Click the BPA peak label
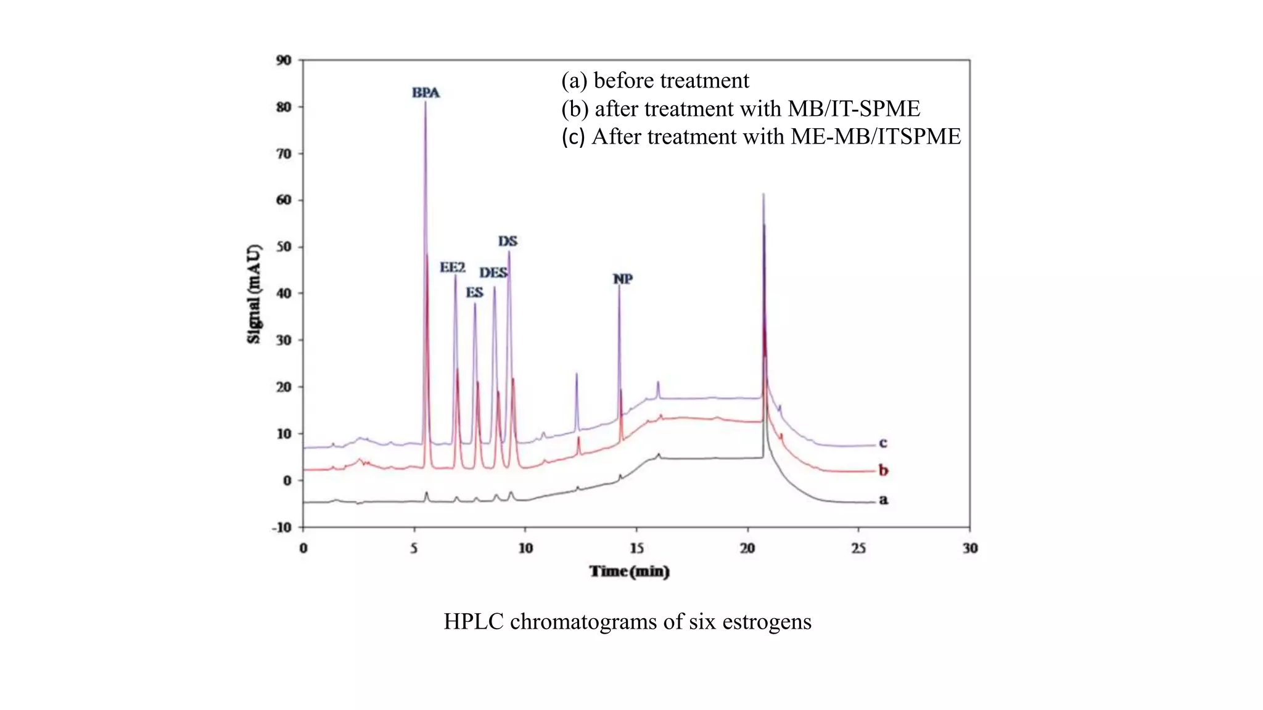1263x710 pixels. pos(426,93)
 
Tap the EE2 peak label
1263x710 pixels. pos(452,267)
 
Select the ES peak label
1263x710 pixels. pos(474,293)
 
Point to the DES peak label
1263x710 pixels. pos(493,273)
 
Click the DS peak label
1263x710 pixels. pos(508,241)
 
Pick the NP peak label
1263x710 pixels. pos(622,279)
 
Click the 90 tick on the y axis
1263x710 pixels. pos(284,60)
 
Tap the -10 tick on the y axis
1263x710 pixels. pos(281,528)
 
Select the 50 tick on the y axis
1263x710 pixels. pos(284,247)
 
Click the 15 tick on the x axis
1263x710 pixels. pos(636,549)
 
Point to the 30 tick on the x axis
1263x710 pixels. pos(969,549)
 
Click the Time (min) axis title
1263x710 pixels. pos(629,572)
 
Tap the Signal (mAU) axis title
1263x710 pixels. pos(254,294)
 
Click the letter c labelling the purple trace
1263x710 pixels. pos(882,443)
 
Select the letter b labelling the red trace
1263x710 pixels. pos(883,471)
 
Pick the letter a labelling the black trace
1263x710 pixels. pos(883,500)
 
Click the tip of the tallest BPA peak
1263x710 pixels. pos(425,103)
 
